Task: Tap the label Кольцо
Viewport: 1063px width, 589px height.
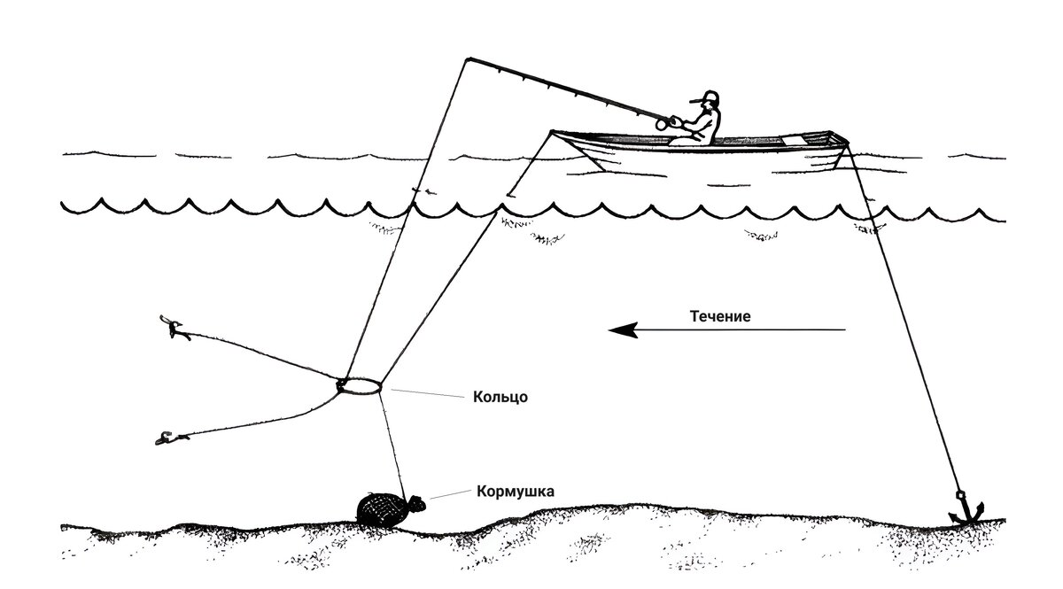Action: (501, 397)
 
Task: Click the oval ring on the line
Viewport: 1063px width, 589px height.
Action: (360, 386)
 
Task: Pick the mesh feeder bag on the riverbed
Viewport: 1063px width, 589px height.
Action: (378, 508)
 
